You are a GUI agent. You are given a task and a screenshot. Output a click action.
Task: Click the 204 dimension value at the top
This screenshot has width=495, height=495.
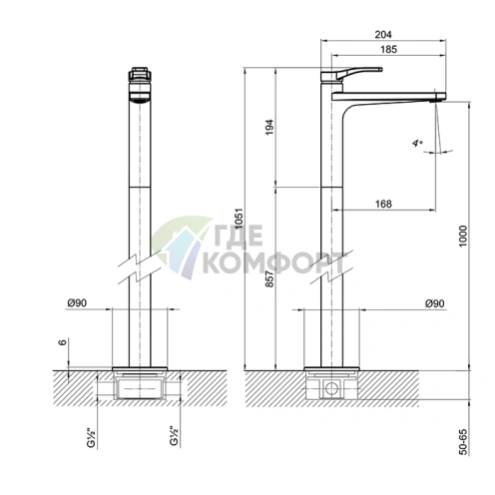pyautogui.click(x=383, y=34)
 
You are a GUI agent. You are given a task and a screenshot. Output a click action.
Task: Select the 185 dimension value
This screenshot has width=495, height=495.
pyautogui.click(x=388, y=49)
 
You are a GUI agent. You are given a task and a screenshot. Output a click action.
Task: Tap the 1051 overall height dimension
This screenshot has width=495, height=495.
pyautogui.click(x=240, y=219)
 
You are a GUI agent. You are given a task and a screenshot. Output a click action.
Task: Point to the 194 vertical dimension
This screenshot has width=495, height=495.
pyautogui.click(x=269, y=127)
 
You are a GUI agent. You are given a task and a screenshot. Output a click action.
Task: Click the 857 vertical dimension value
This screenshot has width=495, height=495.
pyautogui.click(x=269, y=278)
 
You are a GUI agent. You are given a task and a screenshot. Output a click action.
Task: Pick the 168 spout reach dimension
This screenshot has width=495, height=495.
pyautogui.click(x=383, y=204)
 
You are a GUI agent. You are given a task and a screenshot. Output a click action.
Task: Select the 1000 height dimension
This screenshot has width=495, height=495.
pyautogui.click(x=463, y=236)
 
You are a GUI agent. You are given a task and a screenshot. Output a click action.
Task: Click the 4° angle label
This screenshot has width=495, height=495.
pyautogui.click(x=417, y=144)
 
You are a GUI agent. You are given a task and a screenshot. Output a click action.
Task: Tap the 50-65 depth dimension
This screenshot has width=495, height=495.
pyautogui.click(x=463, y=442)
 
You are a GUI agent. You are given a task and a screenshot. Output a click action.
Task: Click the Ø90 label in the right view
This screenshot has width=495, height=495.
pyautogui.click(x=434, y=303)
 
